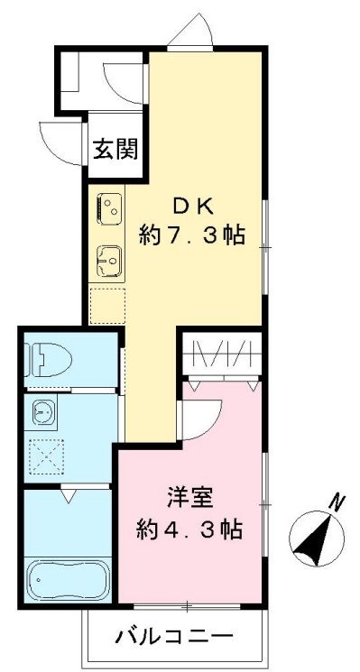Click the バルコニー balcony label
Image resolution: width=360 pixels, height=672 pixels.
pos(174,638)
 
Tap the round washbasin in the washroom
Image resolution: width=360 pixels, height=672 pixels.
pos(42,413)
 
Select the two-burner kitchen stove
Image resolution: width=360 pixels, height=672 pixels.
pos(108,209)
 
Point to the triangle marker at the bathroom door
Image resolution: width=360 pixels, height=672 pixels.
pos(69,494)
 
